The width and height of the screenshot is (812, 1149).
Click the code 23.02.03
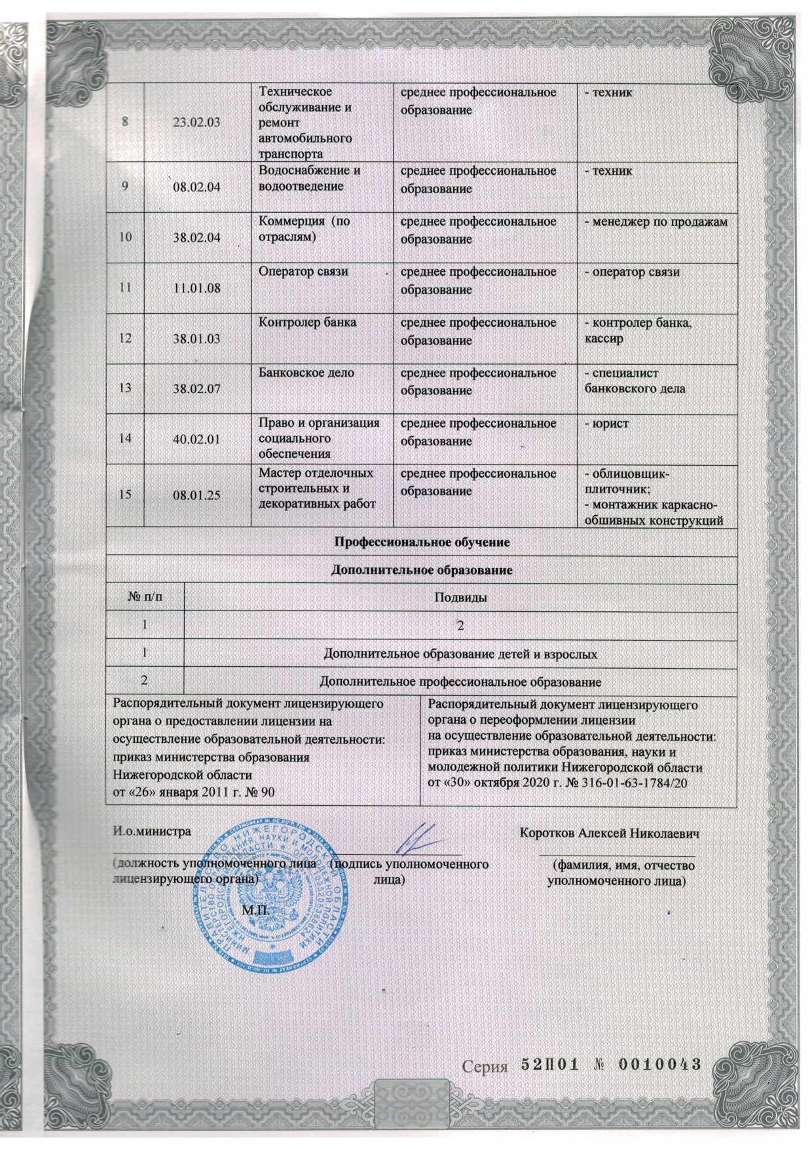196,124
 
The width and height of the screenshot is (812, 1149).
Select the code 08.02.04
196,187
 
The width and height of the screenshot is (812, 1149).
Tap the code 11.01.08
196,288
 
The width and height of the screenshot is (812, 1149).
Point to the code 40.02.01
196,439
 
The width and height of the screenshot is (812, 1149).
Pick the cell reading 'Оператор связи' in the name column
303,271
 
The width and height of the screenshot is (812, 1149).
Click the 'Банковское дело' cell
306,373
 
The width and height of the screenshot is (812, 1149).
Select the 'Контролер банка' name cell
308,322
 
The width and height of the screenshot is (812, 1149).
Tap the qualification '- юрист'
606,424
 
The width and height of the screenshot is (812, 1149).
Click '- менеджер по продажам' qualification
655,221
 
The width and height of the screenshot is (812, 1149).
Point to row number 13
125,389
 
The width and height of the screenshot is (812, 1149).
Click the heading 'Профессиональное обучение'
422,542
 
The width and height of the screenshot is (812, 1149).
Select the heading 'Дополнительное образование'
422,571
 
